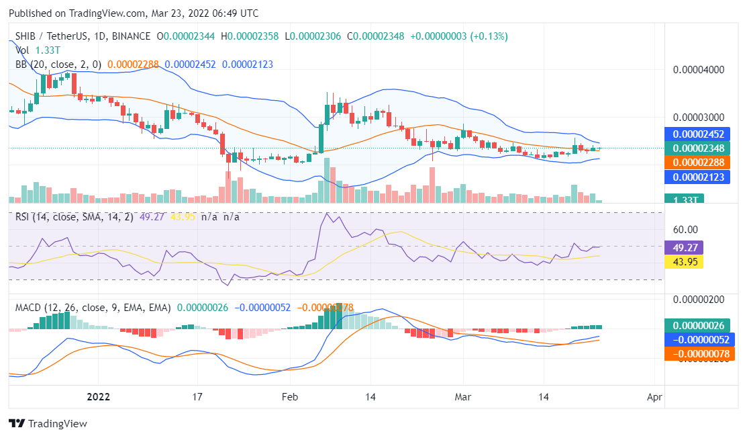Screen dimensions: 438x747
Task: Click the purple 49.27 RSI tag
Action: [683, 247]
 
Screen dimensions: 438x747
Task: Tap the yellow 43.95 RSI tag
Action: [683, 261]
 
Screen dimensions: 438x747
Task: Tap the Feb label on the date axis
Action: [290, 397]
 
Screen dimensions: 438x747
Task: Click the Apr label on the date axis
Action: [654, 397]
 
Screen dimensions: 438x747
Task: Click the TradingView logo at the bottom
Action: [48, 424]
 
